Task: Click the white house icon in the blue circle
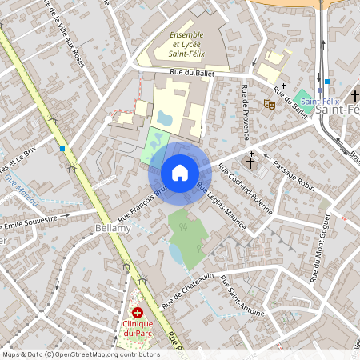(180, 172)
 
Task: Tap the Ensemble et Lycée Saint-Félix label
(186, 45)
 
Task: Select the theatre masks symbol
(270, 103)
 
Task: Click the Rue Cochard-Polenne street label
(245, 192)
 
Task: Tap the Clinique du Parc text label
(138, 329)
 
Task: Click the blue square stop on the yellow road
(62, 149)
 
